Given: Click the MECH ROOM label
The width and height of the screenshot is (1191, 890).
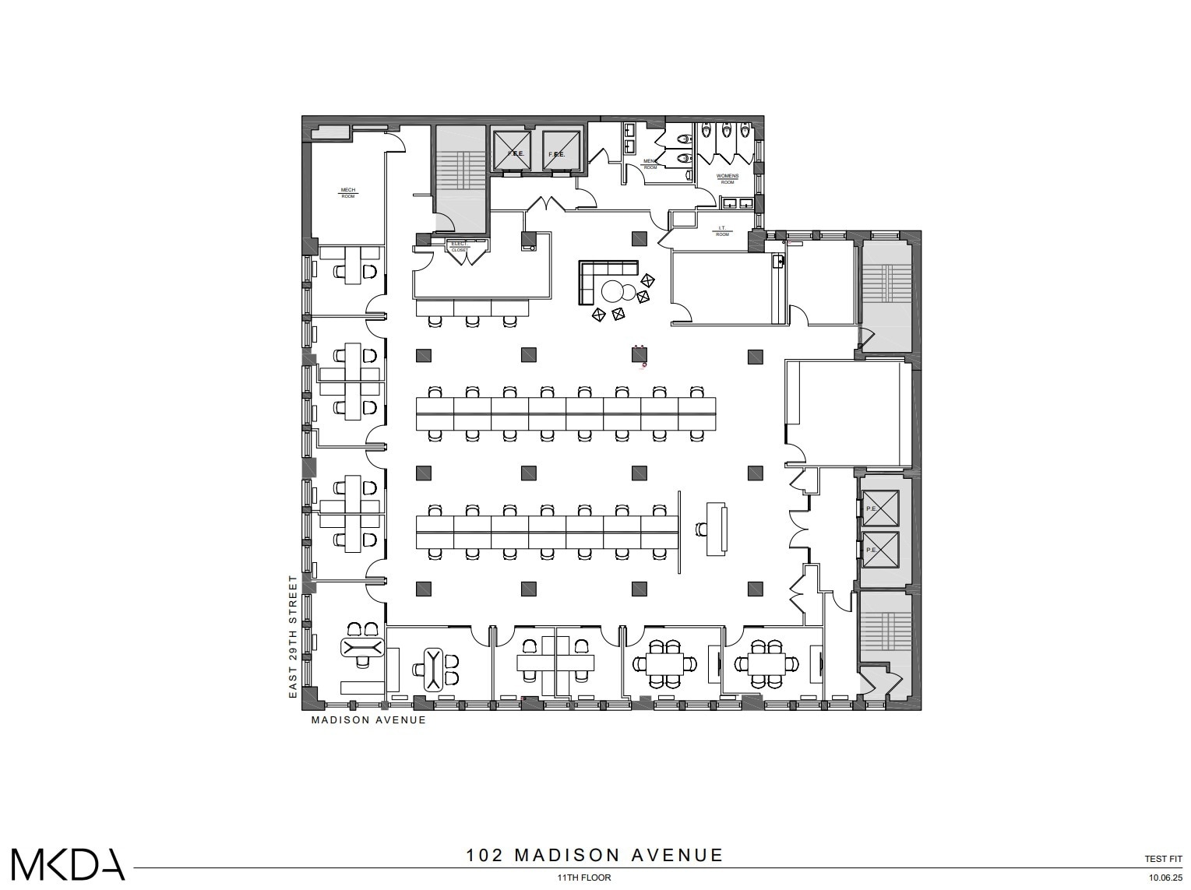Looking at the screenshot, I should (x=347, y=192).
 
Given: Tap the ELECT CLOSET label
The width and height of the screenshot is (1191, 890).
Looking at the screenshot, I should (x=459, y=247).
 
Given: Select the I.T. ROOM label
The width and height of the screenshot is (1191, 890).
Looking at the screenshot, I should (x=722, y=231).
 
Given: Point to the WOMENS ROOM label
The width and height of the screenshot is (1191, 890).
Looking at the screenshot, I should (x=726, y=178).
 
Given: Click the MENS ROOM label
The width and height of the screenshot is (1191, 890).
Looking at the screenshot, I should (x=650, y=164).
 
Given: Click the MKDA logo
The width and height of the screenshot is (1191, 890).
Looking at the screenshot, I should (x=68, y=864).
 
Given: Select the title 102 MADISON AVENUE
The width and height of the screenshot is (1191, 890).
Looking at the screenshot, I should (x=594, y=855).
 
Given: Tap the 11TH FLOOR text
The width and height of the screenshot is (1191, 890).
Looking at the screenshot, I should (x=583, y=878).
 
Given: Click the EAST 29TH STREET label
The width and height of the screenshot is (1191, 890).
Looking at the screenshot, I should (x=294, y=636).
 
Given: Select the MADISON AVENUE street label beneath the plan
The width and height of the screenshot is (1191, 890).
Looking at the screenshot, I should (x=368, y=720).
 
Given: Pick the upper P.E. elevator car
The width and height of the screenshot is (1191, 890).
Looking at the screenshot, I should (x=879, y=508).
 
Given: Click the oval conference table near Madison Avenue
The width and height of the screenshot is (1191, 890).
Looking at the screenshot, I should (x=432, y=669).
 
